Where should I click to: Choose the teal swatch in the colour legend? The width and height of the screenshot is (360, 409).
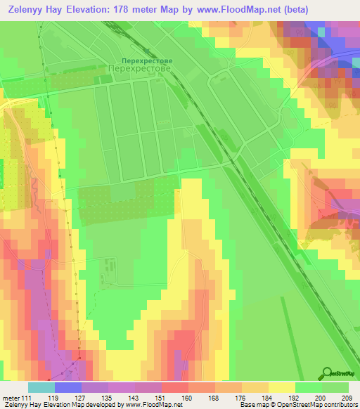[41, 387]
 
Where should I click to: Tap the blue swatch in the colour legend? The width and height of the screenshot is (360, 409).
[67, 387]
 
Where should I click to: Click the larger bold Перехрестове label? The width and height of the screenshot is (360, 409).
[141, 70]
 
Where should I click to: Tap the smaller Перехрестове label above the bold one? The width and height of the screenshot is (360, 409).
[142, 61]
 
